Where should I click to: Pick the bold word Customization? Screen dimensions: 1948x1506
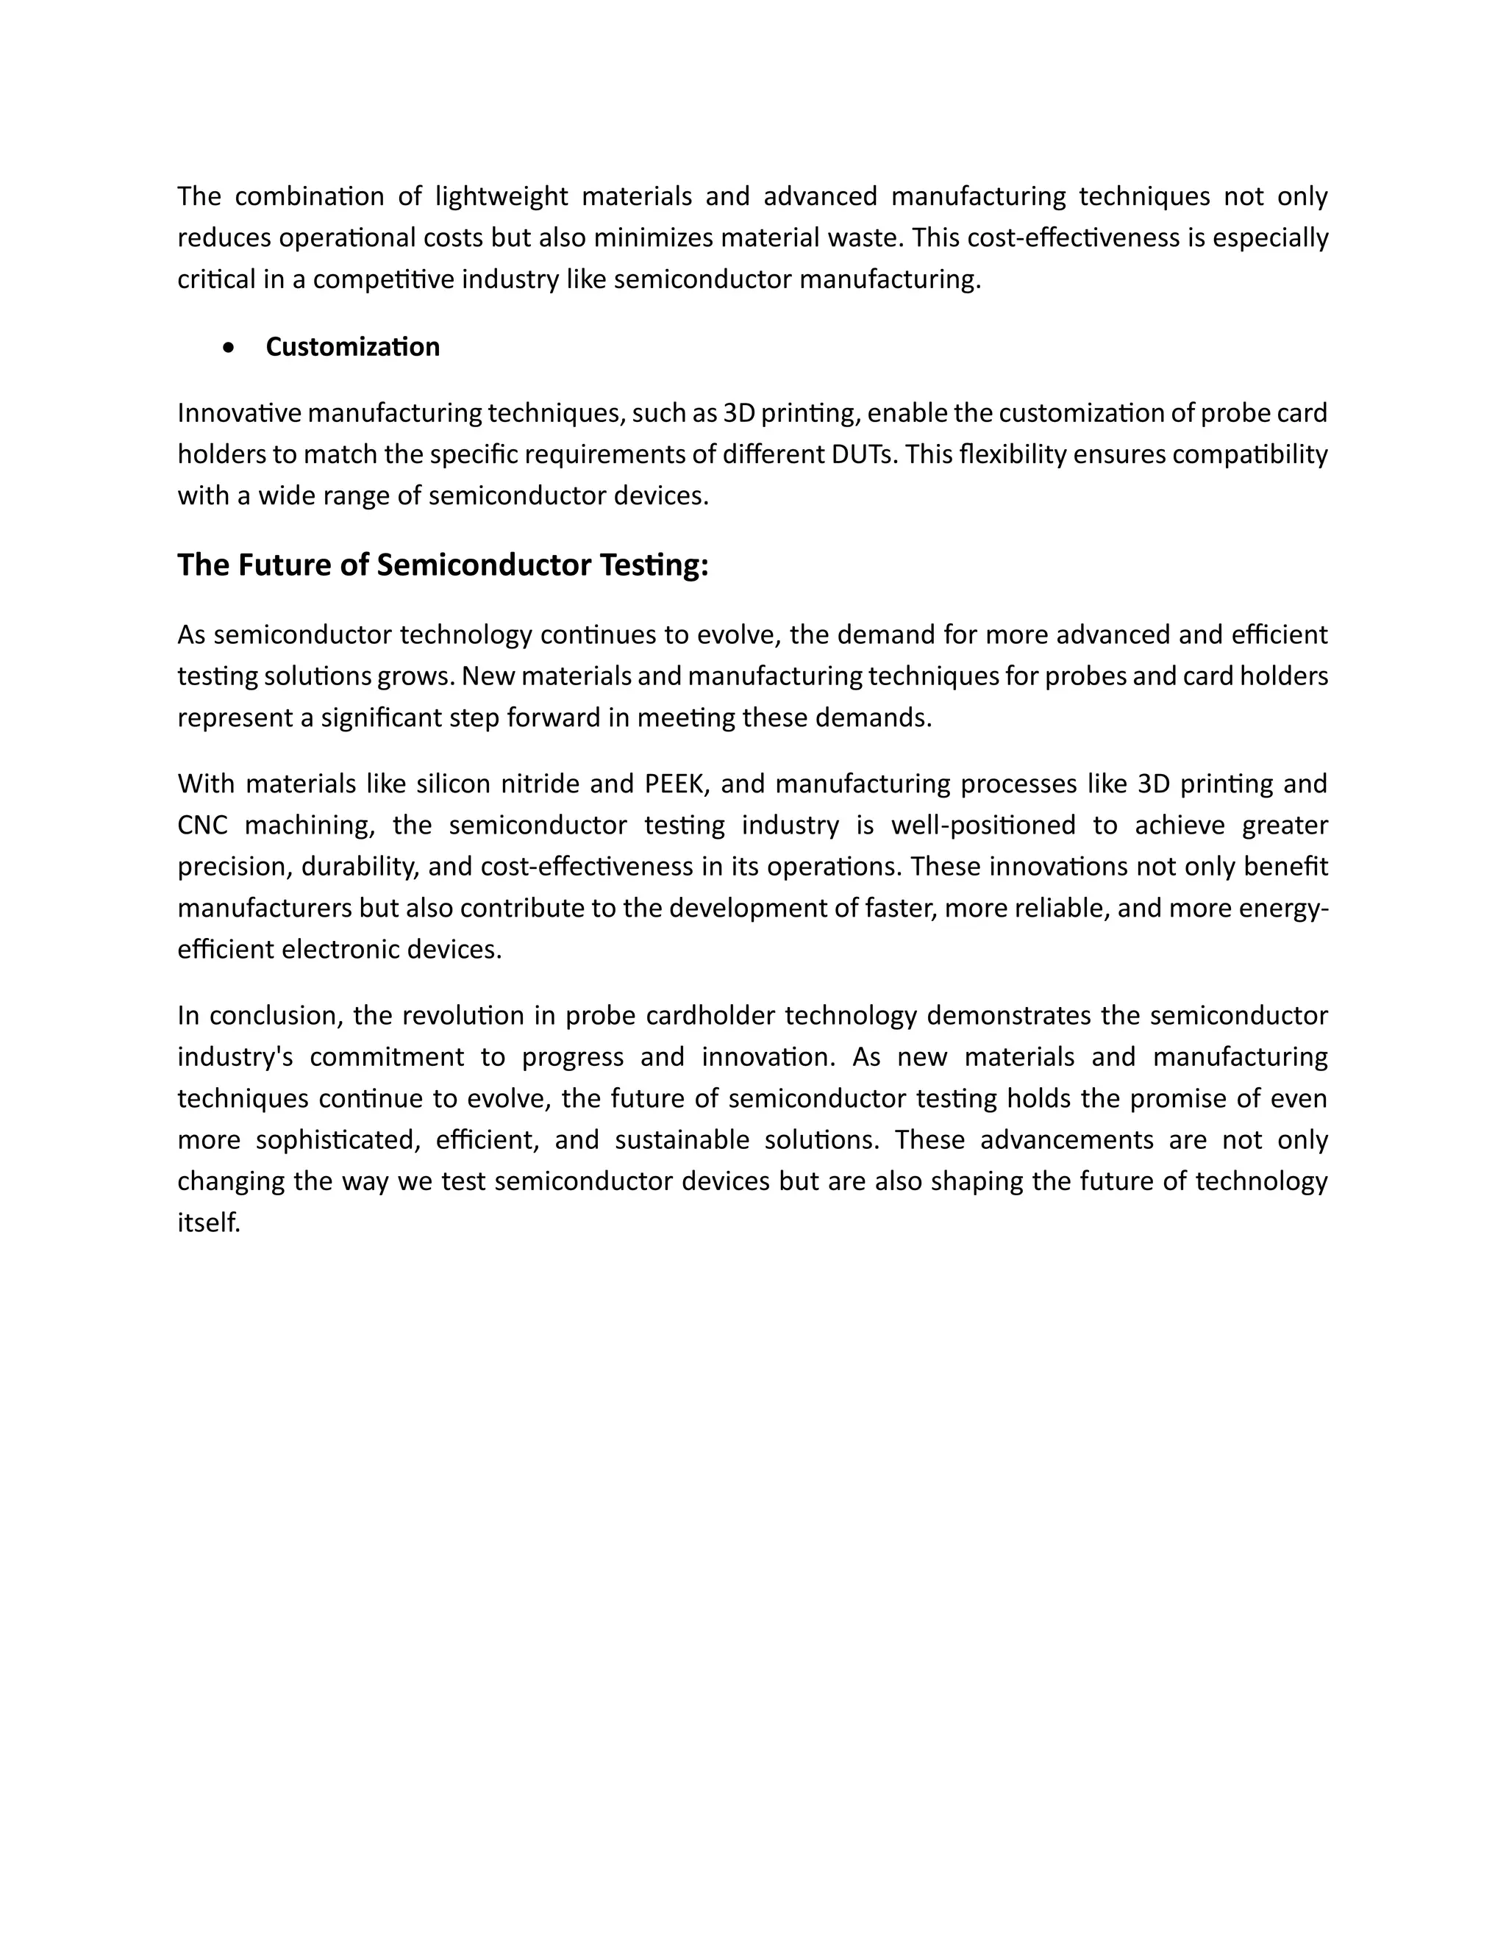[x=352, y=347]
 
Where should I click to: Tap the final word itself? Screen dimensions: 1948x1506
[x=209, y=1223]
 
